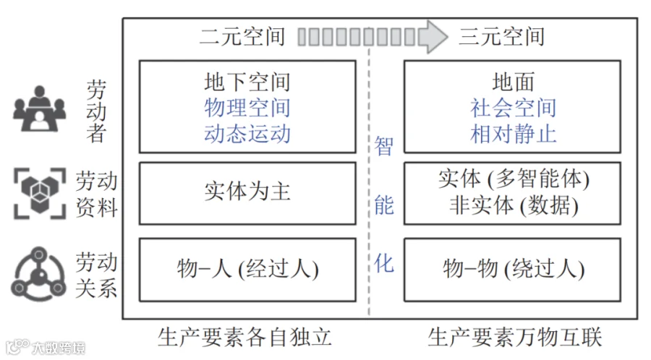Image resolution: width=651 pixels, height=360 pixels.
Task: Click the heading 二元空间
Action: tap(242, 36)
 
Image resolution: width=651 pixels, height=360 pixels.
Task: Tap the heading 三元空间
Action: tap(501, 36)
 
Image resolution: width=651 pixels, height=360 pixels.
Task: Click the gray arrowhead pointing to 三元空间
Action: tap(433, 36)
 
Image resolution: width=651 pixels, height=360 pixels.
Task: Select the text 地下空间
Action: tap(247, 82)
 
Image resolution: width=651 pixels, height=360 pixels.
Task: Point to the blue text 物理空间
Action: tap(247, 108)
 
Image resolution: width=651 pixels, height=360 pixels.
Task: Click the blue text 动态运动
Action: tap(247, 134)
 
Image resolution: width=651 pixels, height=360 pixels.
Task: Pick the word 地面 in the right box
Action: tap(513, 82)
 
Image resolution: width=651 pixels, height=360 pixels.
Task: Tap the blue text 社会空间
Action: tap(513, 108)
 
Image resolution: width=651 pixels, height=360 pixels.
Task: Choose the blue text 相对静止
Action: tap(513, 134)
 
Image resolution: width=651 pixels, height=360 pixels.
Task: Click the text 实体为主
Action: tap(247, 192)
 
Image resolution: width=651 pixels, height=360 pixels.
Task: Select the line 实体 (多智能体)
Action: tap(514, 179)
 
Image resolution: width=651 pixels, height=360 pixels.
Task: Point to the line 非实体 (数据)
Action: tap(514, 205)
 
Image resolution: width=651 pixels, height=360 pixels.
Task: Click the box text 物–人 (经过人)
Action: tap(248, 269)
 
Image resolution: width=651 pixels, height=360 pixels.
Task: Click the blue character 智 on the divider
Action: tap(383, 147)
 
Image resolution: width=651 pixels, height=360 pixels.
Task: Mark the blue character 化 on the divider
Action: tap(383, 264)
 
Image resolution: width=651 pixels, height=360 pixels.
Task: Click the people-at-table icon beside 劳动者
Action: tap(40, 108)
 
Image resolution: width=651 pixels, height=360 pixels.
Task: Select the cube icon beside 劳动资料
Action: tap(40, 193)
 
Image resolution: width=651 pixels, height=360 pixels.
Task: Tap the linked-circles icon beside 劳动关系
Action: tap(38, 274)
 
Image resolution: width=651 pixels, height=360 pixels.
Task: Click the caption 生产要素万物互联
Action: tap(515, 337)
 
